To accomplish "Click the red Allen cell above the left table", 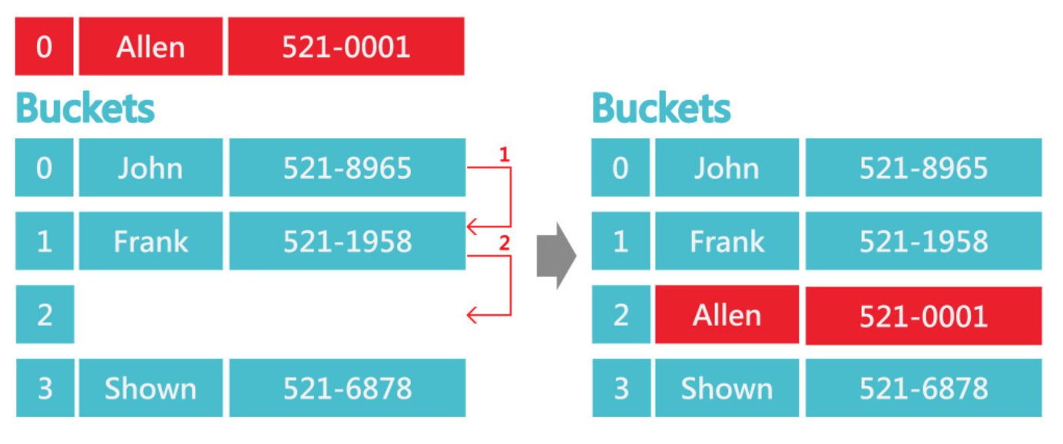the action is coord(151,47).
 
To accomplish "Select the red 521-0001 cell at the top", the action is coord(346,47).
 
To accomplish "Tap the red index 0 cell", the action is coord(44,47).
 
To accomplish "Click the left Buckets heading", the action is coord(85,108).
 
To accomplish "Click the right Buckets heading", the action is coord(661,108).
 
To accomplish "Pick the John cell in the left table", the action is coord(151,167).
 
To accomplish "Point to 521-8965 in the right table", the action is coord(923,167).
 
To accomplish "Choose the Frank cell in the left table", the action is coord(151,240).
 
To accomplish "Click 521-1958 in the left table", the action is coord(347,240).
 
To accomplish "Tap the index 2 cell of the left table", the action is coord(45,314).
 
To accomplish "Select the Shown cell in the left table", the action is coord(151,388).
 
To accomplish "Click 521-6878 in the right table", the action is coord(923,388).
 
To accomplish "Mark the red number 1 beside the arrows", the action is coord(505,154).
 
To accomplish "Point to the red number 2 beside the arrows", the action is coord(505,244).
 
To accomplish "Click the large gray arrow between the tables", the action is coord(556,256).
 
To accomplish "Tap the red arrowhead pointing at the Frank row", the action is coord(472,227).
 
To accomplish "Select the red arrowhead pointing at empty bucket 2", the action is coord(472,315).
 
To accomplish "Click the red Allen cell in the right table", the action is coord(727,314).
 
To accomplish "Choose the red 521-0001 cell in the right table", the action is coord(923,316).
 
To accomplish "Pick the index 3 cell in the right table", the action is coord(621,388).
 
